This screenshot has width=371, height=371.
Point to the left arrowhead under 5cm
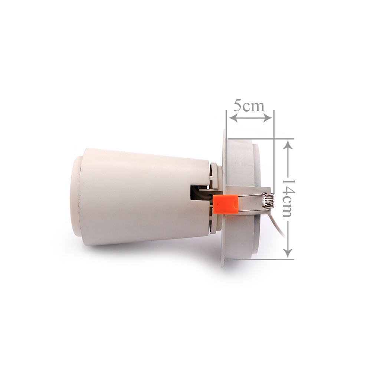(x=233, y=118)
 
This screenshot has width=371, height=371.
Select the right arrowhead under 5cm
(x=266, y=118)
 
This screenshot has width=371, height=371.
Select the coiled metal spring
(x=269, y=201)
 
